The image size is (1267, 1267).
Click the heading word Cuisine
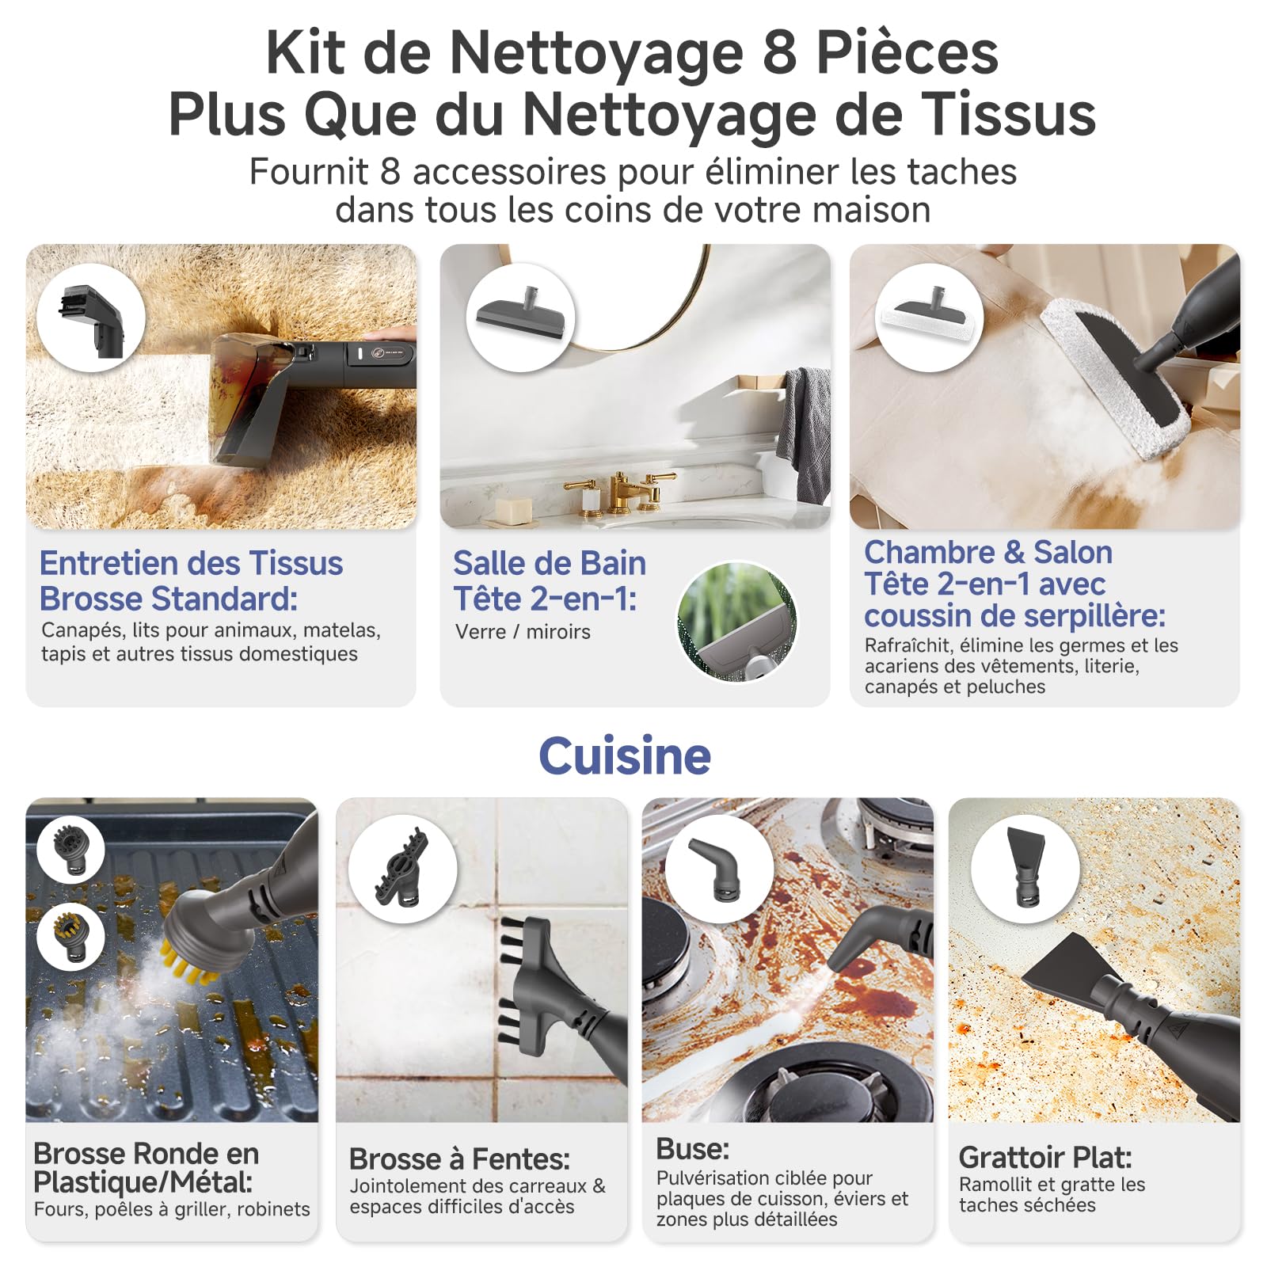click(x=625, y=756)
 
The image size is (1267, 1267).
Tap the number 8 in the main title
click(x=779, y=53)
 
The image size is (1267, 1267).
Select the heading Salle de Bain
click(x=550, y=563)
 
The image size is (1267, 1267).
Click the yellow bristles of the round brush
click(x=190, y=962)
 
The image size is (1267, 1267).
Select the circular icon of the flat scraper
click(x=1025, y=868)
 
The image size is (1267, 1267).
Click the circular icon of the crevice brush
click(x=403, y=868)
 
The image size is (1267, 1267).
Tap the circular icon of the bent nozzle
click(x=719, y=868)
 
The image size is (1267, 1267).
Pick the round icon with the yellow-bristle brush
click(x=70, y=937)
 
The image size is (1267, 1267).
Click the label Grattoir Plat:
click(x=1045, y=1158)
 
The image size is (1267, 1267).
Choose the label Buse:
click(x=693, y=1149)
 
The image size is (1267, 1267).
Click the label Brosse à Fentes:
click(x=459, y=1159)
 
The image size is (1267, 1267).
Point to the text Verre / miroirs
click(x=523, y=632)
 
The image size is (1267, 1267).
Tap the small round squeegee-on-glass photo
click(x=737, y=622)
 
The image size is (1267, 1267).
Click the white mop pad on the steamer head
click(x=1113, y=380)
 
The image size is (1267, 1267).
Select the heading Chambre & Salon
click(x=988, y=552)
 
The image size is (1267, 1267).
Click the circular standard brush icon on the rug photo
click(x=91, y=318)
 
